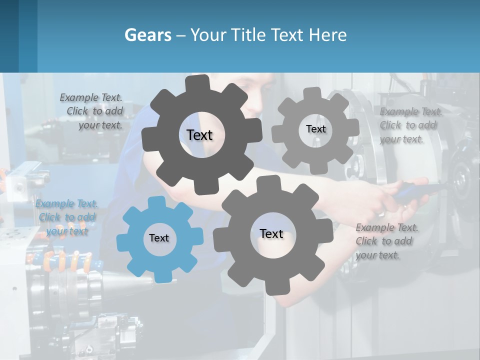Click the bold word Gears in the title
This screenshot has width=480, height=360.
[148, 35]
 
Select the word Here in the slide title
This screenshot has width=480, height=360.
[328, 35]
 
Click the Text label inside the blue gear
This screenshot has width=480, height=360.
[159, 238]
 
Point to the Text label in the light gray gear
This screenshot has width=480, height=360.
[315, 129]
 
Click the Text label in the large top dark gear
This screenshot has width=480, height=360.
[199, 135]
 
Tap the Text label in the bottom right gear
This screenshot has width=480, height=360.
[271, 234]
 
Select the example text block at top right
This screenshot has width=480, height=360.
[409, 125]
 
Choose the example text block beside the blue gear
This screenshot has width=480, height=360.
[66, 217]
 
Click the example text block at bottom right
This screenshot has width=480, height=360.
[386, 241]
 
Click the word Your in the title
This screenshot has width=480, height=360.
[208, 35]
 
